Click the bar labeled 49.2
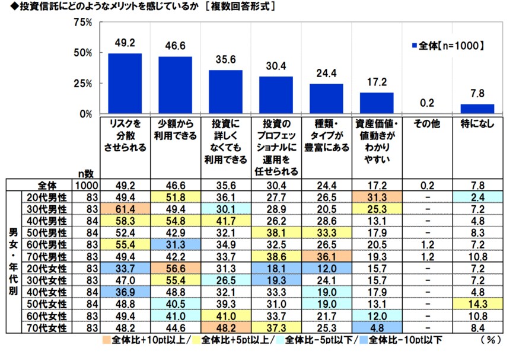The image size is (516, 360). pyautogui.click(x=125, y=83)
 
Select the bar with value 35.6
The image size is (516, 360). pyautogui.click(x=225, y=91)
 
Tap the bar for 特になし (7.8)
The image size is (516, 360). pyautogui.click(x=477, y=109)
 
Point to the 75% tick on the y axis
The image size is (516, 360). pyautogui.click(x=82, y=23)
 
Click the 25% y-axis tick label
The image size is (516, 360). pyautogui.click(x=82, y=84)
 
